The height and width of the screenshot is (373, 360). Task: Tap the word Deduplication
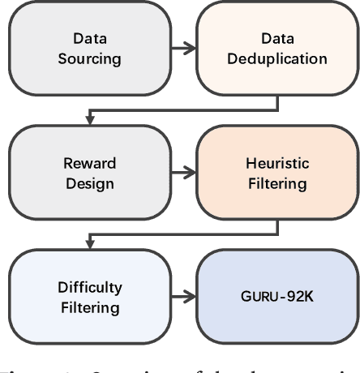[x=276, y=58]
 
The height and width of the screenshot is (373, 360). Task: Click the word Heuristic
[x=276, y=163]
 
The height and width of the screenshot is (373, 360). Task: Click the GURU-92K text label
[x=276, y=298]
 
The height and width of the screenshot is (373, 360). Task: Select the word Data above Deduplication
[x=276, y=38]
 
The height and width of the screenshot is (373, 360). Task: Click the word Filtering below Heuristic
[x=276, y=183]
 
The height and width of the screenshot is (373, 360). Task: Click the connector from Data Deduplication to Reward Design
[x=182, y=111]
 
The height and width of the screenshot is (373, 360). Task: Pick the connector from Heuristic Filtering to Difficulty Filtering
[x=182, y=235]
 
